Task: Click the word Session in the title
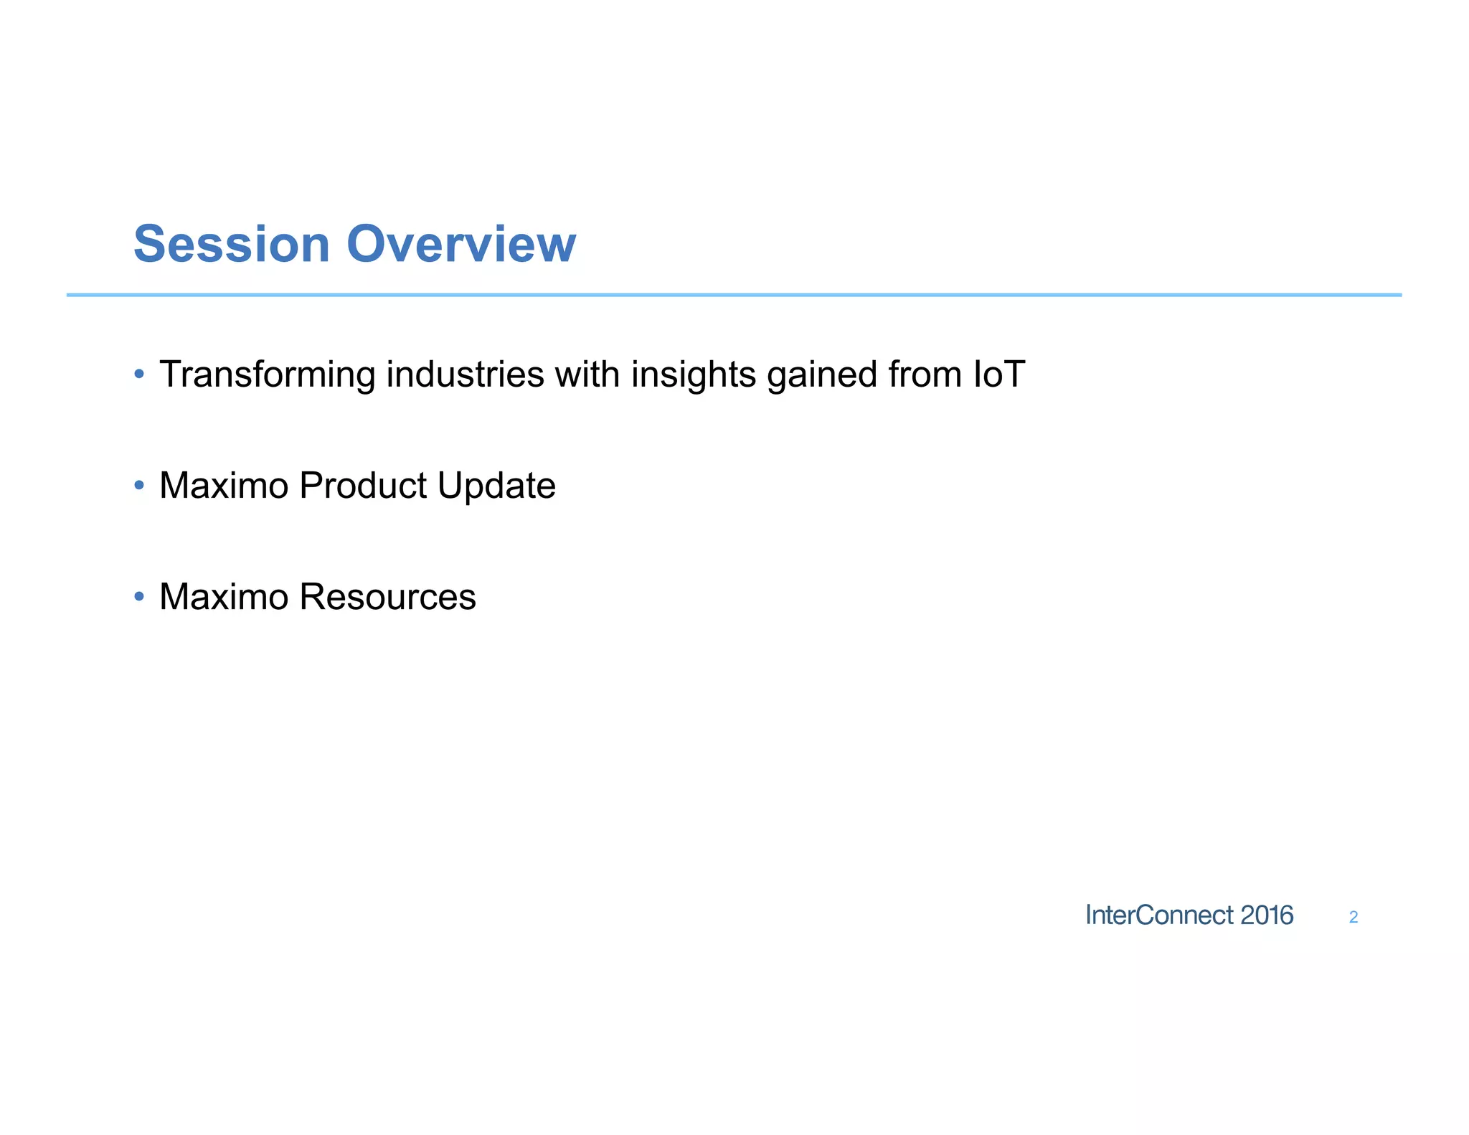(231, 245)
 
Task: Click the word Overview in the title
(461, 245)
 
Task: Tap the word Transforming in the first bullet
(267, 375)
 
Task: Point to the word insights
(693, 375)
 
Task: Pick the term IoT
(998, 374)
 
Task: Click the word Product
(363, 486)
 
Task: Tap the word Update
(496, 486)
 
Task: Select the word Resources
(387, 597)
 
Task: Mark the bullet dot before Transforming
(139, 374)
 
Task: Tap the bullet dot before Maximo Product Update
(139, 486)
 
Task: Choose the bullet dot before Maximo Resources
(139, 596)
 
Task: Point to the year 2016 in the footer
(1267, 915)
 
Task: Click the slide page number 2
(1354, 918)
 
